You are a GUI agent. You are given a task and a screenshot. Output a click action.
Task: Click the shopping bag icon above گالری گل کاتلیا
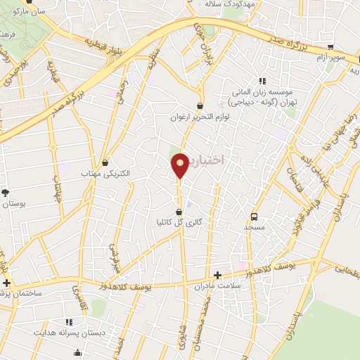pyautogui.click(x=179, y=211)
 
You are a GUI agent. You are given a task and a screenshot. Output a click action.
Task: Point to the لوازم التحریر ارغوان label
pyautogui.click(x=200, y=117)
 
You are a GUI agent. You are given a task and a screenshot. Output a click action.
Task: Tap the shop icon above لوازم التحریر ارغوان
pyautogui.click(x=200, y=106)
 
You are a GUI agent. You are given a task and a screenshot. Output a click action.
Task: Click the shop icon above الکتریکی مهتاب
pyautogui.click(x=105, y=162)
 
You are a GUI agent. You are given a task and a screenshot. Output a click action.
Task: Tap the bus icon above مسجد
pyautogui.click(x=254, y=217)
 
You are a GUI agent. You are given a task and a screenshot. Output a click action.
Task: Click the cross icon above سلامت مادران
pyautogui.click(x=218, y=274)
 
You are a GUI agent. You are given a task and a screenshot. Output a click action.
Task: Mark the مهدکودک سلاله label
pyautogui.click(x=230, y=4)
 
